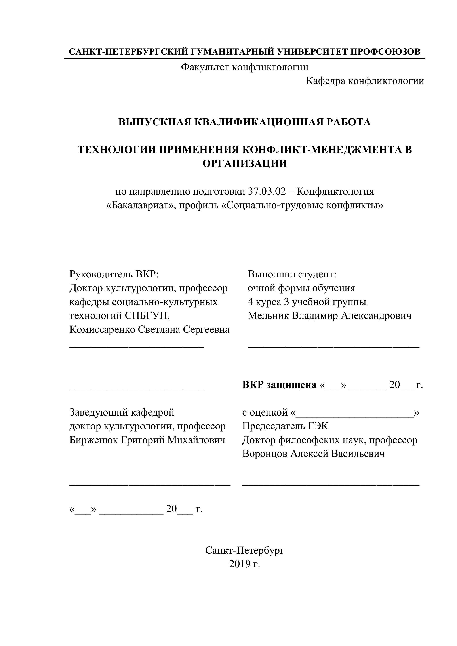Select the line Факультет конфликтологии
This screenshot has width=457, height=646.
245,67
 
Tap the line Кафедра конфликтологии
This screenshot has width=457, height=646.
365,81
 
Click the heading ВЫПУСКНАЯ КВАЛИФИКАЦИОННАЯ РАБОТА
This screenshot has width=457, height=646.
245,122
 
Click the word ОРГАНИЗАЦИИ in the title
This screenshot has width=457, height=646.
245,163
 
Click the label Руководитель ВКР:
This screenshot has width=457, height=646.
114,274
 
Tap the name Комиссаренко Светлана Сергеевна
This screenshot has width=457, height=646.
149,329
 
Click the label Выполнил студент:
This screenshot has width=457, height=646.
292,274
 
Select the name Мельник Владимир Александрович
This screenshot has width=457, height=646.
329,315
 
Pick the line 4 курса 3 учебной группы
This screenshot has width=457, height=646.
307,302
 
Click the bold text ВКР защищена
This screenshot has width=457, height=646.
279,385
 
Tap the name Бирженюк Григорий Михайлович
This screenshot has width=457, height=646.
147,440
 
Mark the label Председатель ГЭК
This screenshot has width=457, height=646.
285,426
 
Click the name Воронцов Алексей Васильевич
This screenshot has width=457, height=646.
313,454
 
